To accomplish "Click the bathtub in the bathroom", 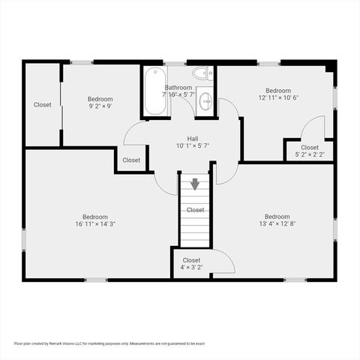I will click(x=155, y=91).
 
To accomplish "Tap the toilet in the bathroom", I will click(x=202, y=73).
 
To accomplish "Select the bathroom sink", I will click(x=205, y=102).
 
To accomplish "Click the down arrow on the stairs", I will click(x=195, y=184).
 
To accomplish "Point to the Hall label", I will click(x=193, y=138).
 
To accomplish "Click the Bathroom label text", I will click(x=178, y=87).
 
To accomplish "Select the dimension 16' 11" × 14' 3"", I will click(x=94, y=223).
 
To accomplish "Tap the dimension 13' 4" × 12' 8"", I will click(x=277, y=223).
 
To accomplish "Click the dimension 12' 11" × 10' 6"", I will click(x=278, y=97).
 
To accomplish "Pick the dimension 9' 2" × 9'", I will click(x=100, y=106).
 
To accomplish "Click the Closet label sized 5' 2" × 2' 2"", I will click(x=309, y=147).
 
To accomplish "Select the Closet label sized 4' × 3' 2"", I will click(x=191, y=259).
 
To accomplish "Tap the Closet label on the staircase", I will click(x=196, y=209).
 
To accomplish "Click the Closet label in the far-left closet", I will click(x=42, y=104).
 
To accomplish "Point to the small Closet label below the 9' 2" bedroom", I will click(x=131, y=160).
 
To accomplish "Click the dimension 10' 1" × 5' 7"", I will click(x=193, y=145).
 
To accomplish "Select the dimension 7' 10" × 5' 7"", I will click(x=178, y=94).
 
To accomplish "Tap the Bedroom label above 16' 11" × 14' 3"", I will click(x=94, y=216).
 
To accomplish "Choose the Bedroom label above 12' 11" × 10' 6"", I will click(x=277, y=90).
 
